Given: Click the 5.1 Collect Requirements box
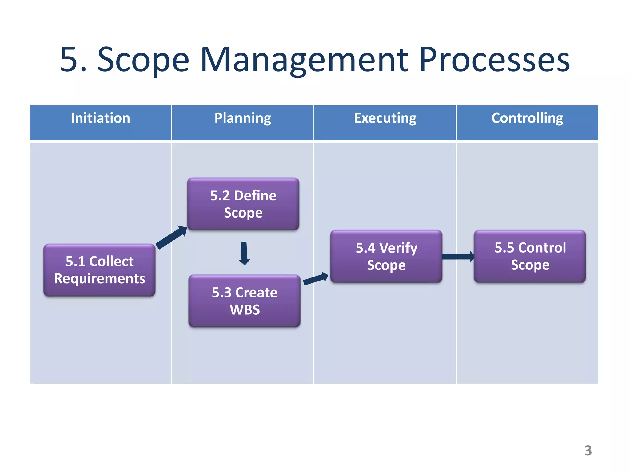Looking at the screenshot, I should coord(99,270).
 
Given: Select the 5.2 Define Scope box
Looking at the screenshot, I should coord(243,204).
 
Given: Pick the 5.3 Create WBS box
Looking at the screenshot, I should coord(245,301).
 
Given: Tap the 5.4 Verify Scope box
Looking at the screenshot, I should coord(386,256).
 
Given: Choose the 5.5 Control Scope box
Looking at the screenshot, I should coord(530,256).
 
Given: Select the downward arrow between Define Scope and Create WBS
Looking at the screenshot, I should coord(244,253).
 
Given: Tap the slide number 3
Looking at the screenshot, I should coord(588,450).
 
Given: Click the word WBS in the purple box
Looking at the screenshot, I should coord(245,310).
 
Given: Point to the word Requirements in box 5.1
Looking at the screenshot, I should coord(99,279).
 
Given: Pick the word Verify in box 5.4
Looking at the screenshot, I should coord(398,248).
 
